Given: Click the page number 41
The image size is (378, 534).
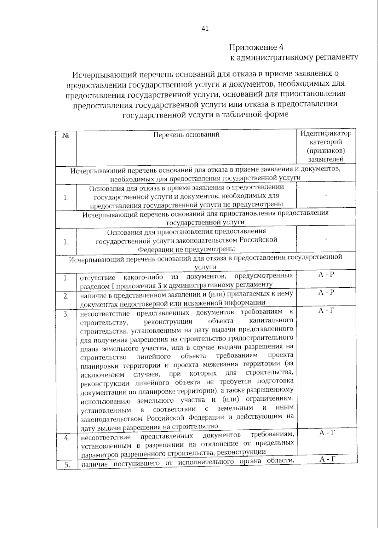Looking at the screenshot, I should coord(205,29).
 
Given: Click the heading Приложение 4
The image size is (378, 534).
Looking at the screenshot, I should coord(256,47).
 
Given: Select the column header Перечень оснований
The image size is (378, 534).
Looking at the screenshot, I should coord(186,135).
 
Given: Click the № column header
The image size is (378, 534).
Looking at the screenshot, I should coord(66,136).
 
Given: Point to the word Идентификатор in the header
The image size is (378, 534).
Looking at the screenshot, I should coord(326,133).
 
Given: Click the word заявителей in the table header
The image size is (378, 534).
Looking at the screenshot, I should coord(326,159).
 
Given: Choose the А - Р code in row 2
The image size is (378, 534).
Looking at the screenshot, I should coord(326,293).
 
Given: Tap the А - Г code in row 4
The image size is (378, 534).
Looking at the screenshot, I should coord(327,433).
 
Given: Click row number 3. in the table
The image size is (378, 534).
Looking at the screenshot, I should coord(66,314).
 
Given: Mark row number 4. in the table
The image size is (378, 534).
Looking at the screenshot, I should coord(67,438).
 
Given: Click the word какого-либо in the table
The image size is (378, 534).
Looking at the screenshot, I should coord(143,277).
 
